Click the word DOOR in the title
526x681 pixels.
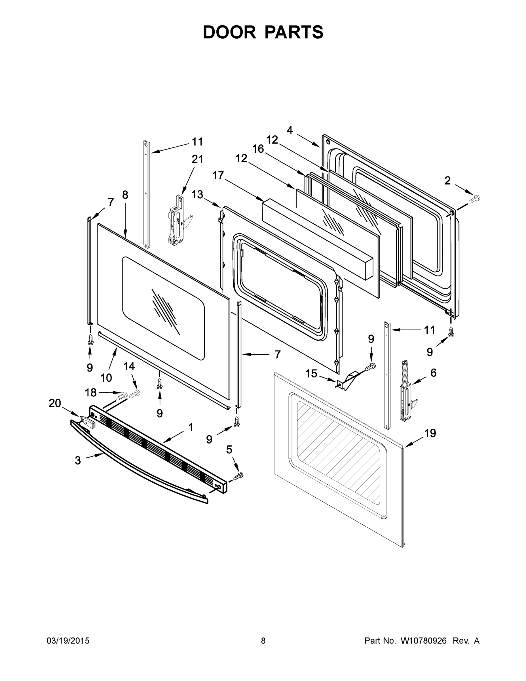pyautogui.click(x=229, y=32)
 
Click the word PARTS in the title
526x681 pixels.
pyautogui.click(x=294, y=32)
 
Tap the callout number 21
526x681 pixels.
pyautogui.click(x=197, y=159)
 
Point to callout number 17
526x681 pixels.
pyautogui.click(x=218, y=176)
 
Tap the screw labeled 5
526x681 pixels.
pyautogui.click(x=239, y=476)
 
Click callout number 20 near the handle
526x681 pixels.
pyautogui.click(x=55, y=403)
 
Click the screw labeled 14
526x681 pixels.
pyautogui.click(x=135, y=394)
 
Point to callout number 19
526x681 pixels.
pyautogui.click(x=430, y=433)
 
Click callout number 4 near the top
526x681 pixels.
pyautogui.click(x=290, y=130)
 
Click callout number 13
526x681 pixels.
pyautogui.click(x=197, y=195)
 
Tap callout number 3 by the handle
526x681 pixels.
pyautogui.click(x=78, y=460)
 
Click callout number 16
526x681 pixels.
pyautogui.click(x=258, y=149)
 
